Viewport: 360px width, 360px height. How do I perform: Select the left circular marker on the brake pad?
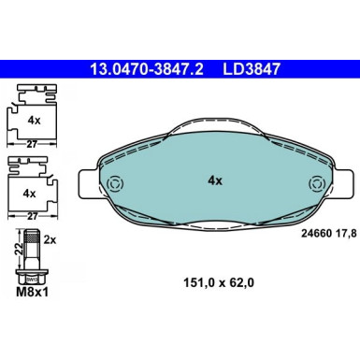tap(116, 183)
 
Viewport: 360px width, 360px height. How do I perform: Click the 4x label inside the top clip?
tap(32, 121)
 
